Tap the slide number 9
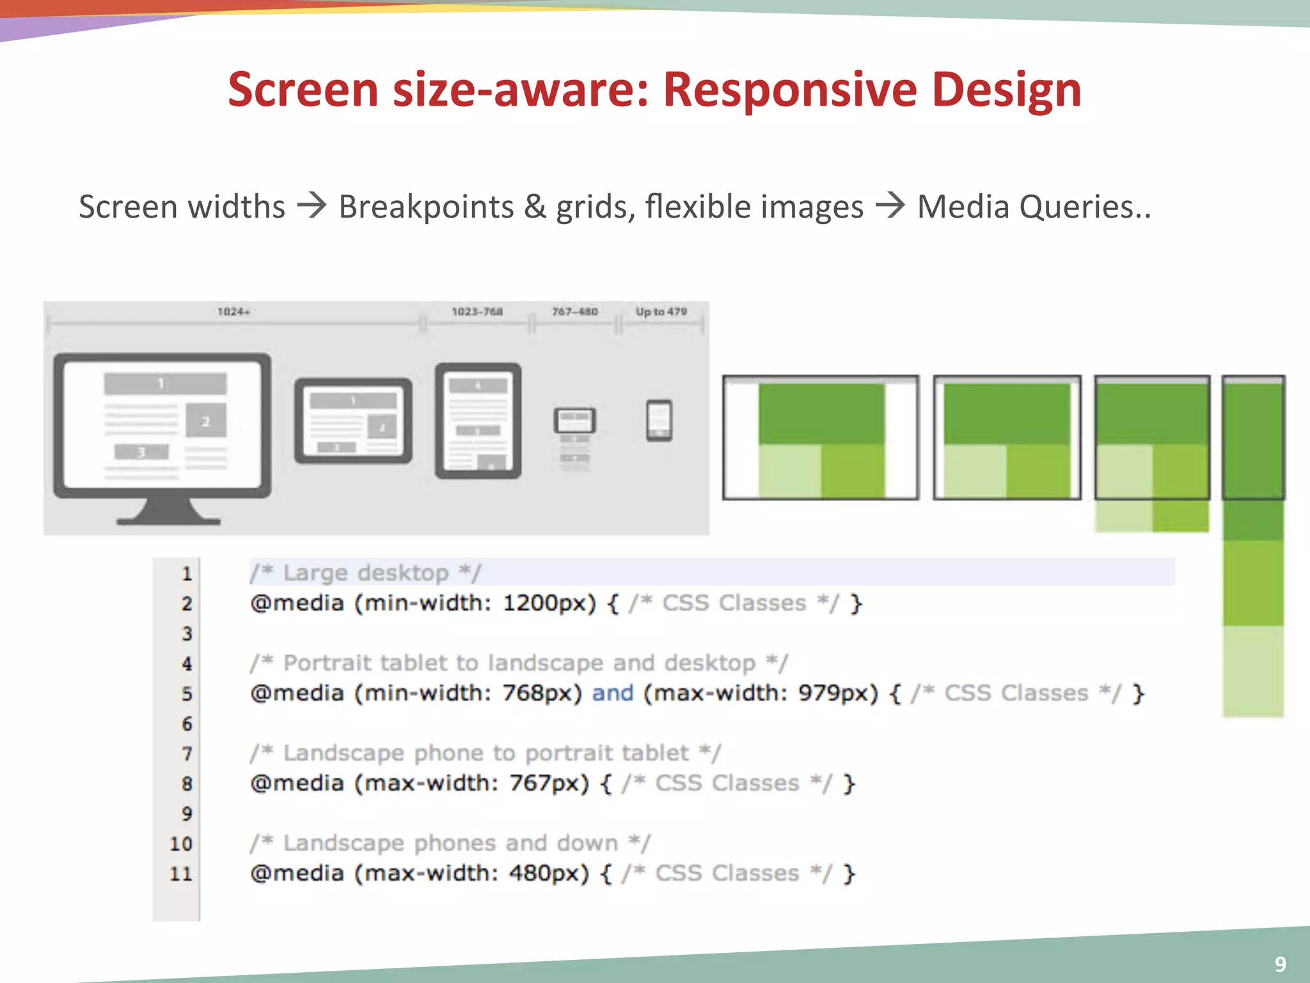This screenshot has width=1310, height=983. pyautogui.click(x=1280, y=964)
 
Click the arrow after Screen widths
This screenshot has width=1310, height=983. pyautogui.click(x=312, y=206)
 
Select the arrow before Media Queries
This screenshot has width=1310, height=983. pyautogui.click(x=890, y=206)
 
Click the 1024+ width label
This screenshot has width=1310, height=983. pyautogui.click(x=233, y=312)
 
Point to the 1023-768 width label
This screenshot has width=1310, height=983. pyautogui.click(x=477, y=312)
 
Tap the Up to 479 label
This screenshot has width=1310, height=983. pyautogui.click(x=661, y=312)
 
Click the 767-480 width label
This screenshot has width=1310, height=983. pyautogui.click(x=574, y=312)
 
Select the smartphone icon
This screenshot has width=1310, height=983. pyautogui.click(x=659, y=420)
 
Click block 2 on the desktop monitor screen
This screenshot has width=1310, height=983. pyautogui.click(x=206, y=420)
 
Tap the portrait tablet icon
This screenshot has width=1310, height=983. pyautogui.click(x=478, y=420)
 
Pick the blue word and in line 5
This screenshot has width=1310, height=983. pyautogui.click(x=612, y=693)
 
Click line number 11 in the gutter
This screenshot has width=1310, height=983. pyautogui.click(x=181, y=874)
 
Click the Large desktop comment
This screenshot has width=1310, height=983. pyautogui.click(x=365, y=573)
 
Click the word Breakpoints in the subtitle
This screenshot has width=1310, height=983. pyautogui.click(x=426, y=206)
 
